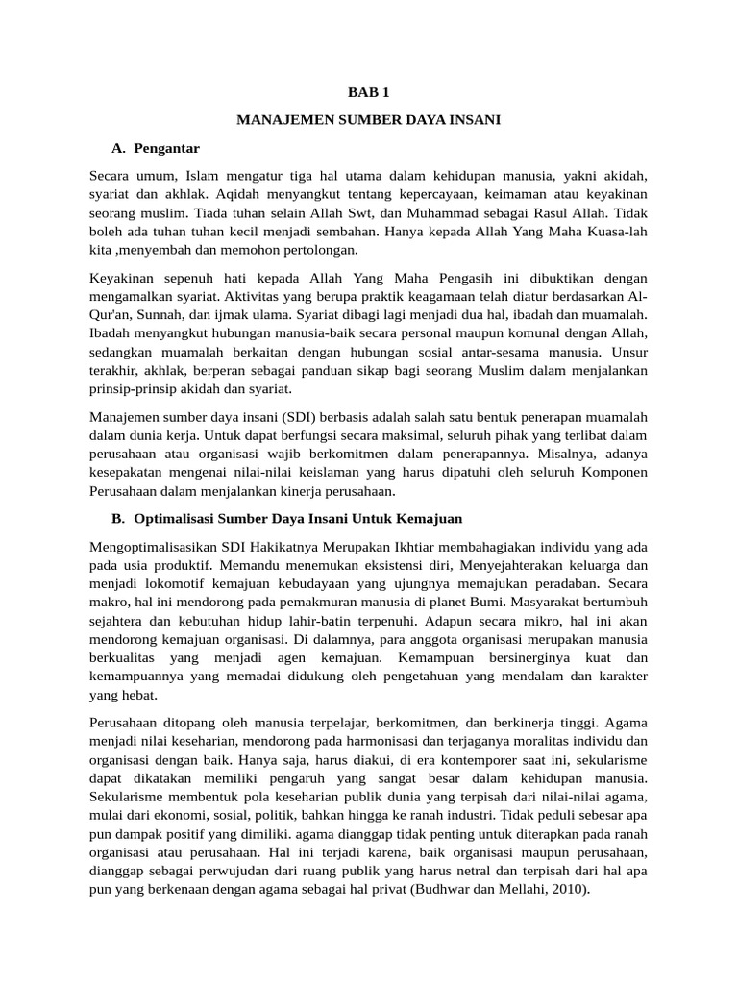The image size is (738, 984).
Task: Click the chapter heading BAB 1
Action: point(369,93)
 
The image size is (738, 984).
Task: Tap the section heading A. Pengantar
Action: point(156,149)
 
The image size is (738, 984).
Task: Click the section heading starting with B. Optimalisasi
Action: point(287,519)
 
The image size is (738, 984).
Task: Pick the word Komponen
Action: point(617,472)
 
